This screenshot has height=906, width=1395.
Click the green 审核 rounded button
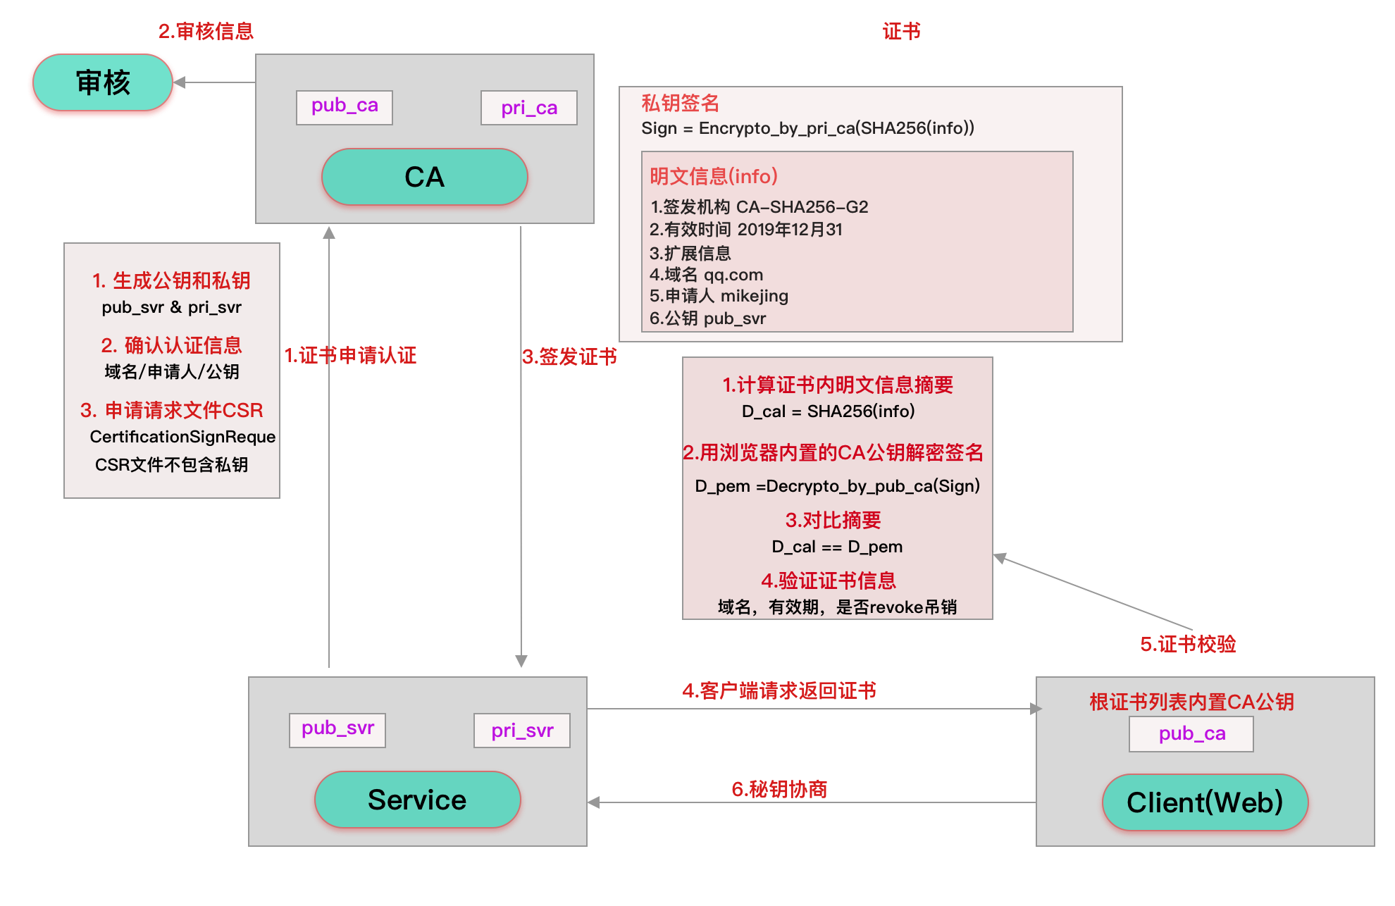pos(103,83)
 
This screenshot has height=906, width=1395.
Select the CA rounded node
pos(424,177)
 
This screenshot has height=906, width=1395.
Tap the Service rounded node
pos(417,800)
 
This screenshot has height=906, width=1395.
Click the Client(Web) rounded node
pos(1205,802)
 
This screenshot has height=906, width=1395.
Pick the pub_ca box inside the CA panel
pos(345,107)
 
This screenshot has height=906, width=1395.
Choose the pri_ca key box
pos(529,108)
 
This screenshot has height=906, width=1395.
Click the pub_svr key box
pos(337,729)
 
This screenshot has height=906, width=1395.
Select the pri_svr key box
pos(522,731)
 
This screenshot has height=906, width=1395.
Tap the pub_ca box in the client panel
pos(1191,734)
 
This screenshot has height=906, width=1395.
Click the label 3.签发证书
pos(569,356)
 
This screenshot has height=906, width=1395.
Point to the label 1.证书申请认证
pos(350,355)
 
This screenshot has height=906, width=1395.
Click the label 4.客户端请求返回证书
pos(779,690)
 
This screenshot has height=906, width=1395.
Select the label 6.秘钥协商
pos(779,789)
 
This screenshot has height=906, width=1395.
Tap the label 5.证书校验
pos(1188,644)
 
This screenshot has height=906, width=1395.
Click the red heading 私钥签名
pos(680,104)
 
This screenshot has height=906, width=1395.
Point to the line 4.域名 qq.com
pos(706,275)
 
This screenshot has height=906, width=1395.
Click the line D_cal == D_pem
pos(837,547)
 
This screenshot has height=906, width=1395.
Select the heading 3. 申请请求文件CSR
pos(172,410)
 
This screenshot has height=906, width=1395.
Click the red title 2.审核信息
pos(206,31)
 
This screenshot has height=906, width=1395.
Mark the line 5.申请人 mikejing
pos(719,296)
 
